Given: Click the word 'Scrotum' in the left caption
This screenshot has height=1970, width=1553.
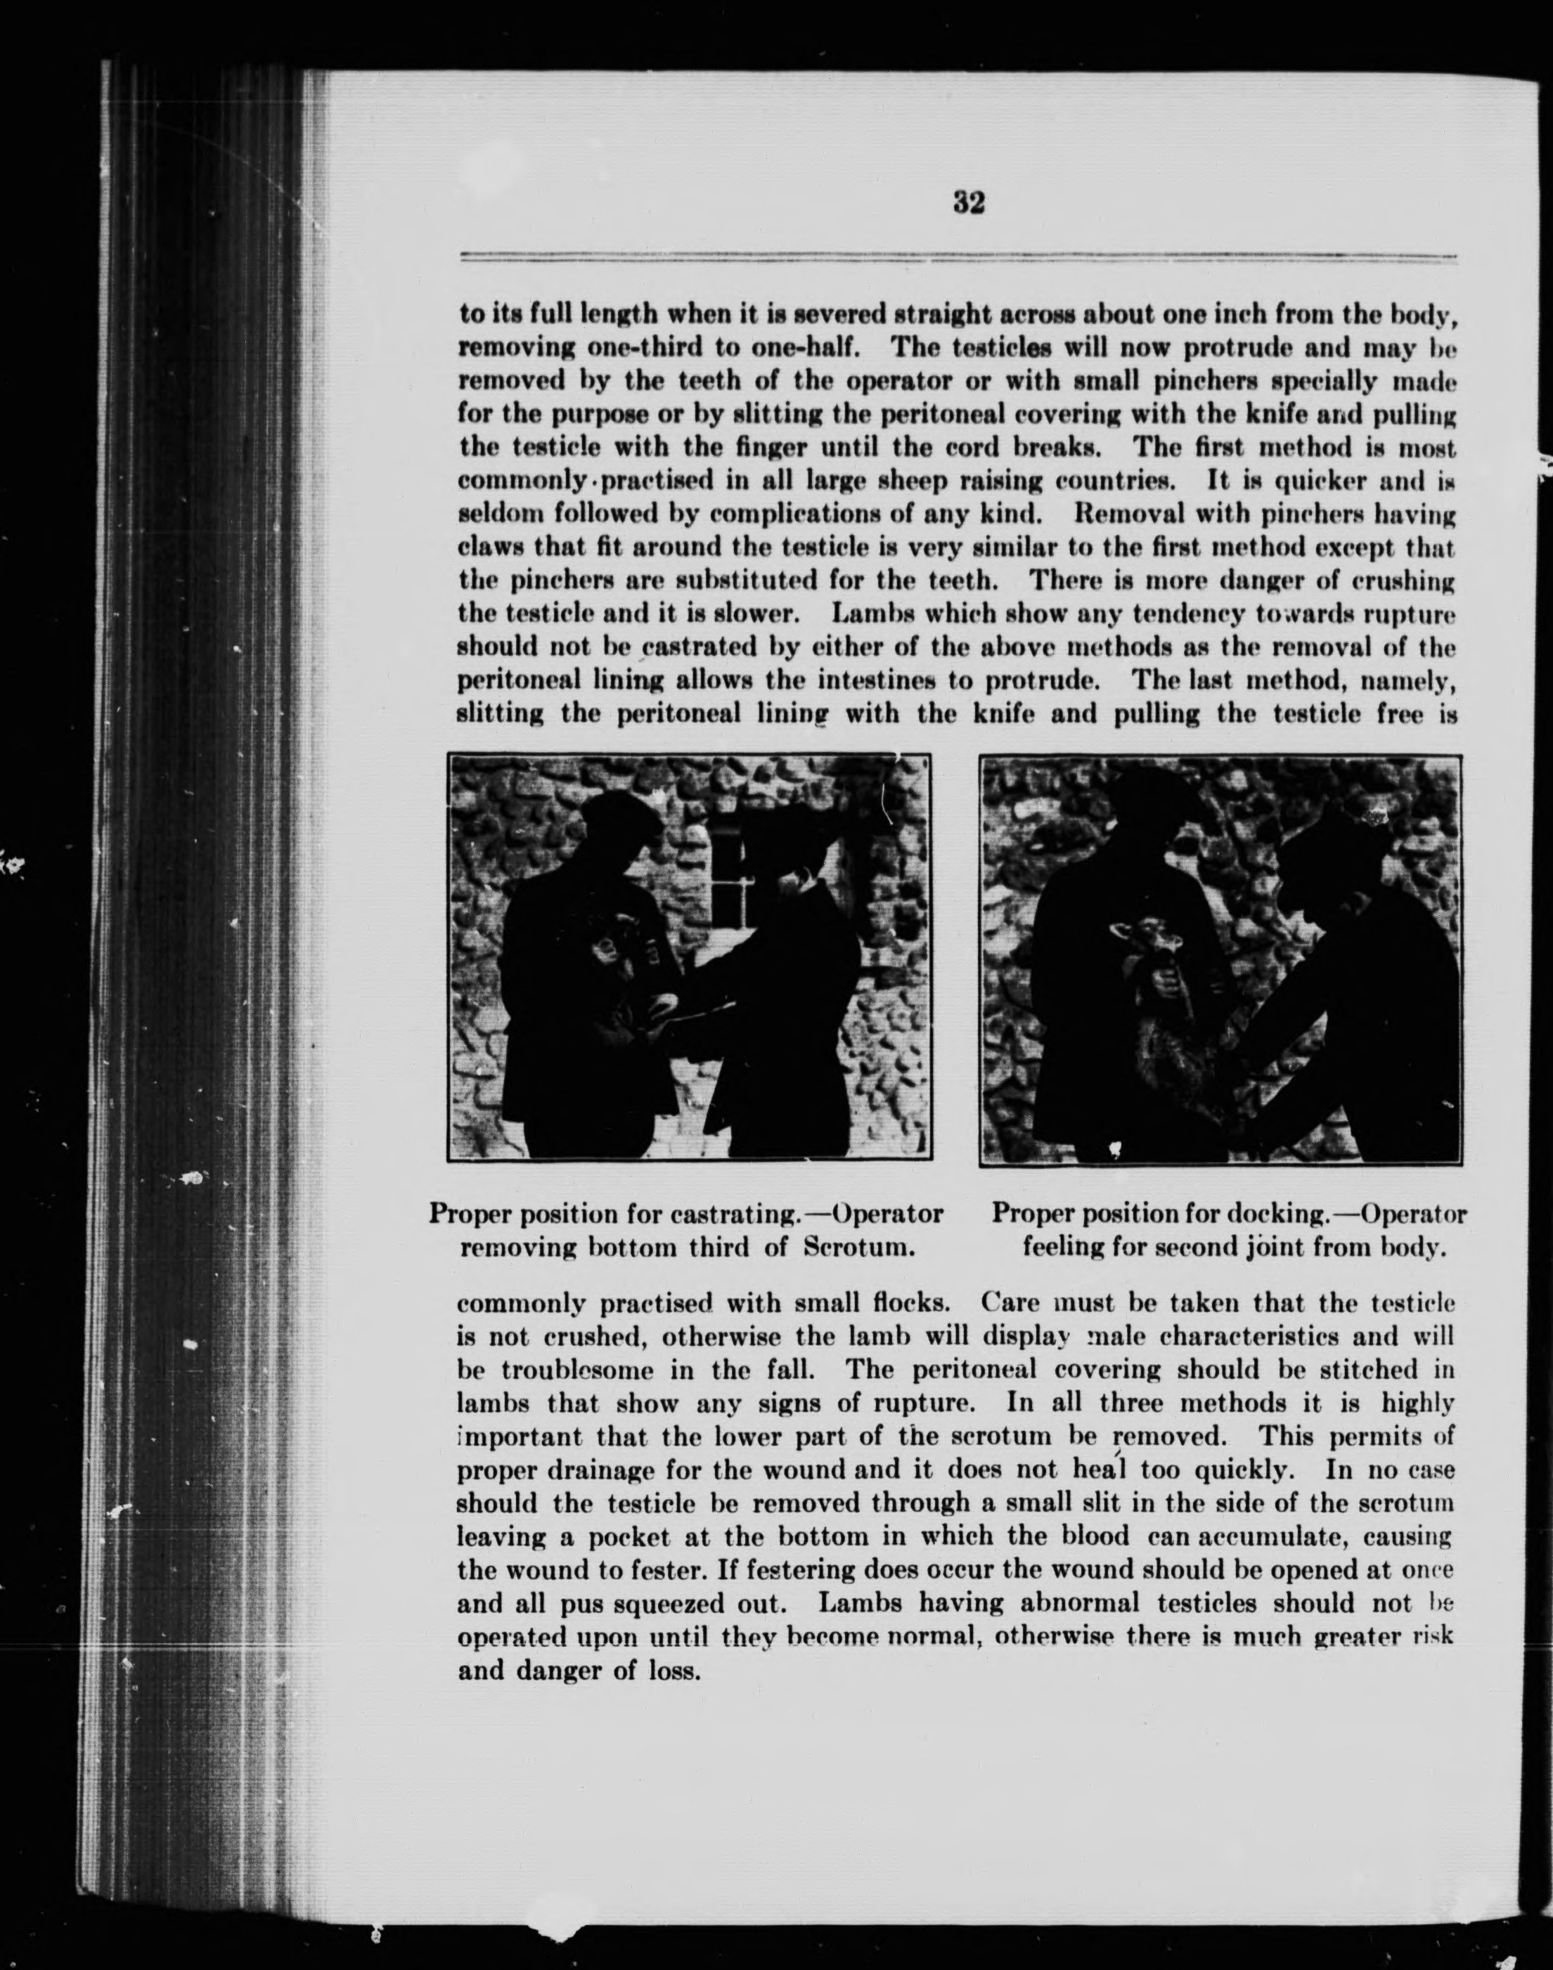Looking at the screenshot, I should coord(858,1248).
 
